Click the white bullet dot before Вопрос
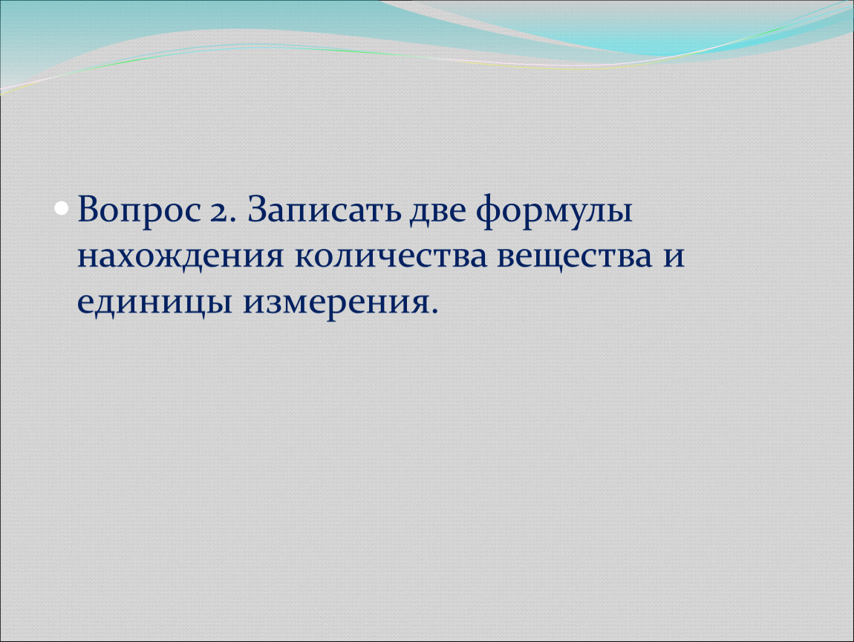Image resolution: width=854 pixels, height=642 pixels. pos(62,208)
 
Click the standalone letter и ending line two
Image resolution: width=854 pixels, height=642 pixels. pos(674,256)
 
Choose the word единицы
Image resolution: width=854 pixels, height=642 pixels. pos(154,303)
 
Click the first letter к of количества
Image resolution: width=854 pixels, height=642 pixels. pos(305,256)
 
